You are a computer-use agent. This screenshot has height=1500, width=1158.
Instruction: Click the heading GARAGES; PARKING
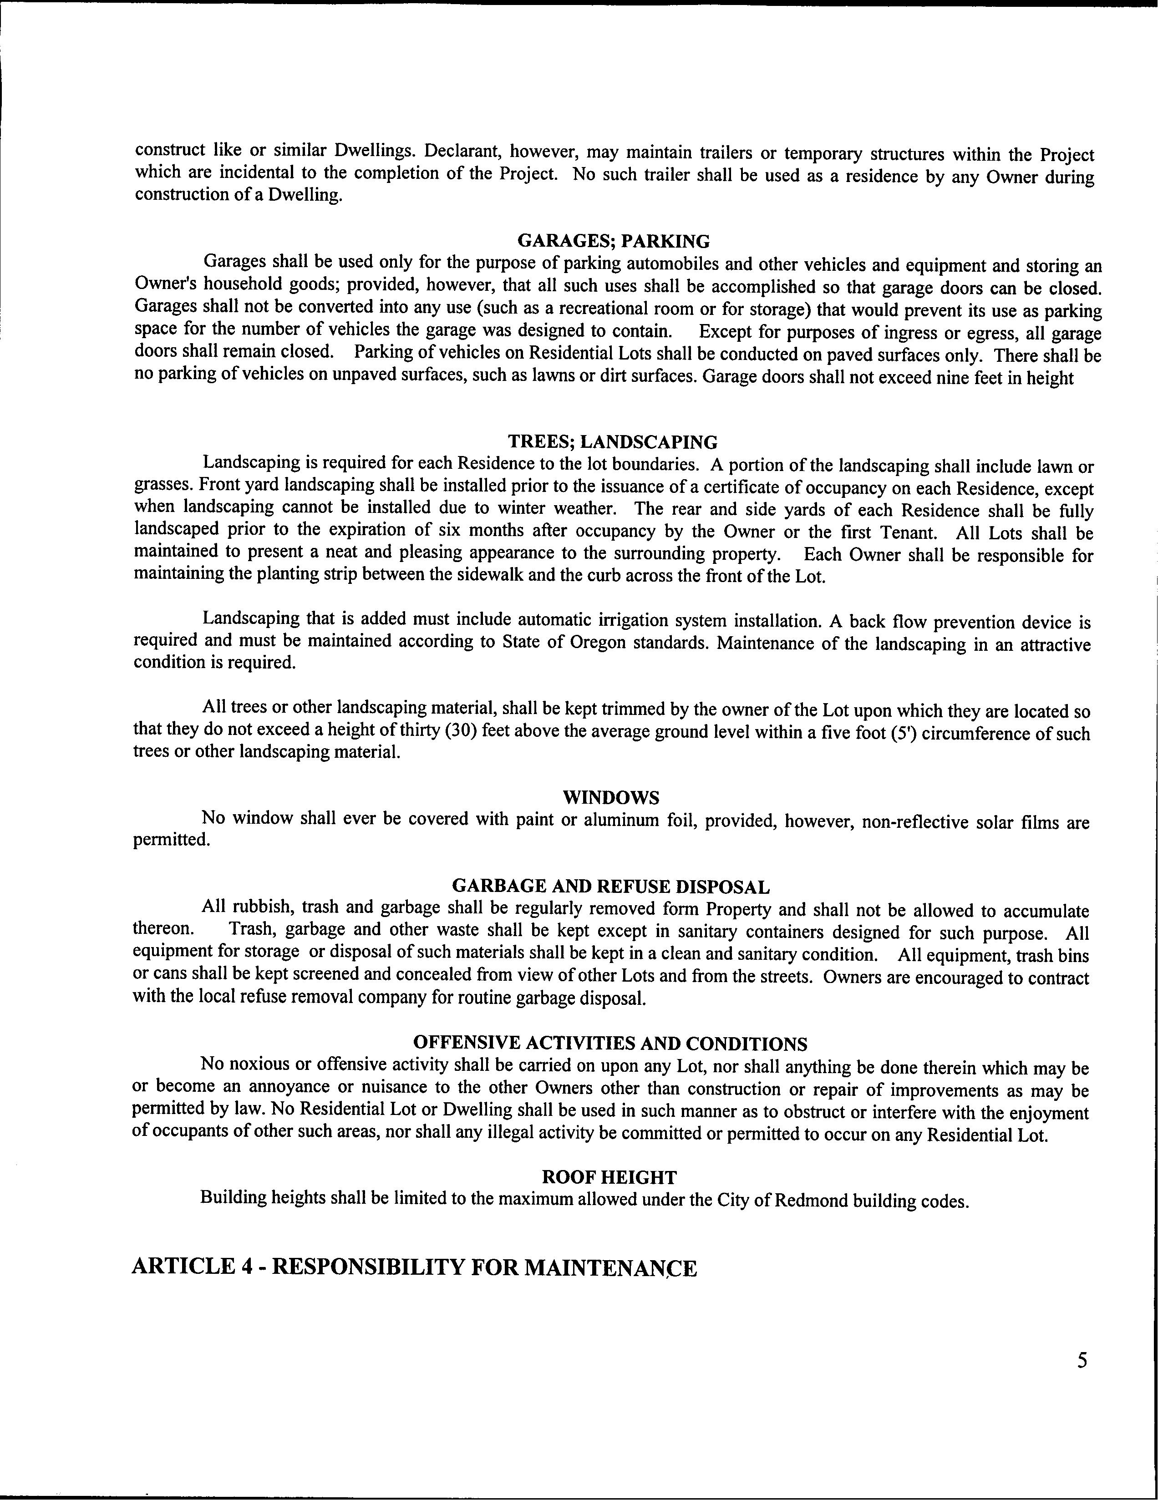(613, 241)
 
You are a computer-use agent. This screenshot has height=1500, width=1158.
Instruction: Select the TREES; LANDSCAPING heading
(613, 441)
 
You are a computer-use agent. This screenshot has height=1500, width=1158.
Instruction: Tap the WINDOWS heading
(610, 797)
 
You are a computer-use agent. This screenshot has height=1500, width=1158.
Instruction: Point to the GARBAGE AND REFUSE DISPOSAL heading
(611, 887)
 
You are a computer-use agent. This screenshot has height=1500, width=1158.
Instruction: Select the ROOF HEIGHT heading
(609, 1177)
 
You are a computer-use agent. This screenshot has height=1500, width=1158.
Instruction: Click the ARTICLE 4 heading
(413, 1267)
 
